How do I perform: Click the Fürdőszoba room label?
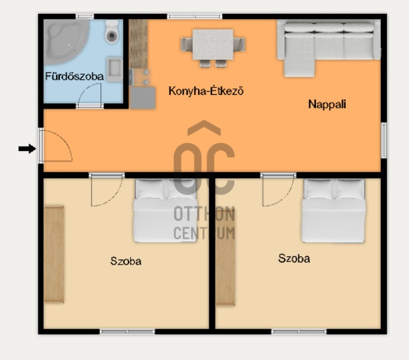(74, 76)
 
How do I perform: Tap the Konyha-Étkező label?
(206, 91)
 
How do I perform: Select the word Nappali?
(327, 104)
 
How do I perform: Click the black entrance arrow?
(27, 149)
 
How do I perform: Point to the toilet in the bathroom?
(112, 31)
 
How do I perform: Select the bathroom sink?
(114, 69)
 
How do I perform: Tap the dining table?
(213, 44)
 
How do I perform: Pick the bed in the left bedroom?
(165, 210)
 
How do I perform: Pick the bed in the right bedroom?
(333, 211)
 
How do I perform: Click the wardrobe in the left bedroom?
(54, 255)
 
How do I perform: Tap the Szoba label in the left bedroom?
(126, 261)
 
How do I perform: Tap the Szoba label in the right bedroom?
(294, 258)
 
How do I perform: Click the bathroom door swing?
(90, 94)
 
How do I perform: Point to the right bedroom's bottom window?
(298, 331)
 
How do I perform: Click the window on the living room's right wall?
(383, 140)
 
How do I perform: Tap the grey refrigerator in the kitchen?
(142, 98)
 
